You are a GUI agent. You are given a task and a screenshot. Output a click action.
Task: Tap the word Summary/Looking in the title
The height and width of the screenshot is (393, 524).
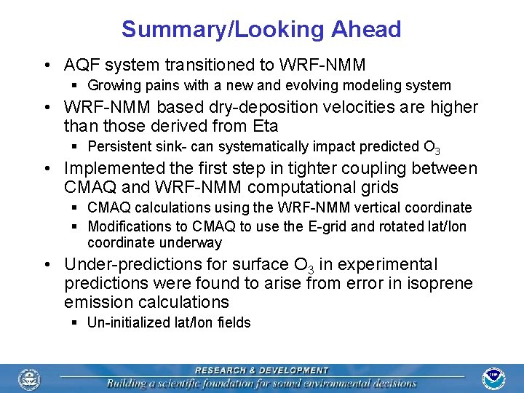(223, 29)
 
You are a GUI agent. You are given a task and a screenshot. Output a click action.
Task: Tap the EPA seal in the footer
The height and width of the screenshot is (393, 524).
(30, 378)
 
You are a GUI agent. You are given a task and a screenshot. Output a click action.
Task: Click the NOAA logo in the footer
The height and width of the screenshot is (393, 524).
(494, 378)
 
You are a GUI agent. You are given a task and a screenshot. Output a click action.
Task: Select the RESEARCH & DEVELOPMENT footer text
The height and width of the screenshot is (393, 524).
(261, 370)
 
